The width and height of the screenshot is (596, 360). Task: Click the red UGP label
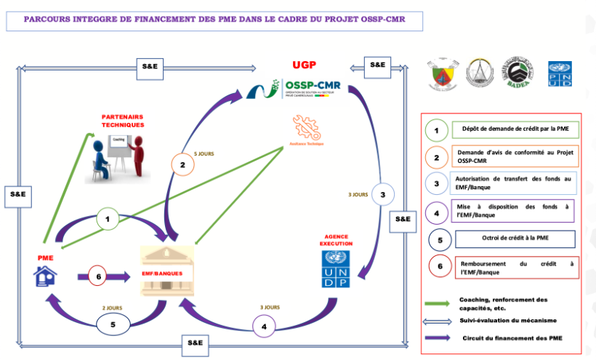pyautogui.click(x=302, y=65)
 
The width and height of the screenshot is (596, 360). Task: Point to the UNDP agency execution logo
pyautogui.click(x=335, y=268)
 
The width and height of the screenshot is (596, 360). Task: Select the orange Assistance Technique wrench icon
pyautogui.click(x=305, y=129)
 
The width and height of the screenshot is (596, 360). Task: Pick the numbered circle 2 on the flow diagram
pyautogui.click(x=182, y=165)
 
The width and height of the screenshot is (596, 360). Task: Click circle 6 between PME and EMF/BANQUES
pyautogui.click(x=100, y=276)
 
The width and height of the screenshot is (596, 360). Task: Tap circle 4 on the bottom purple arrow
pyautogui.click(x=264, y=327)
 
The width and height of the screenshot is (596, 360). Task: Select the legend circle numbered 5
pyautogui.click(x=437, y=239)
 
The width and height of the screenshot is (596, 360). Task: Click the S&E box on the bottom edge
pyautogui.click(x=196, y=342)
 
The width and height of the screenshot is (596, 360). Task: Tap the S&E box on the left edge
pyautogui.click(x=17, y=194)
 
